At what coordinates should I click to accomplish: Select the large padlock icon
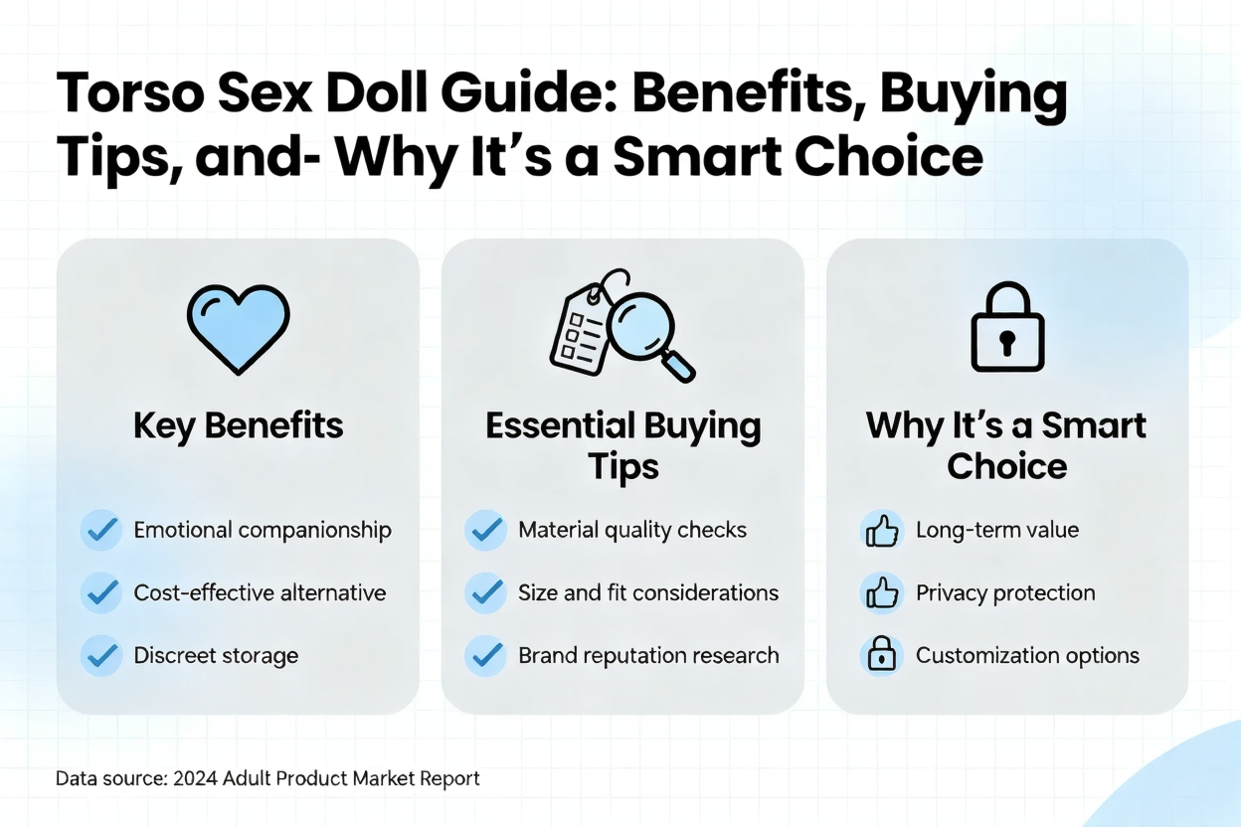click(x=1007, y=327)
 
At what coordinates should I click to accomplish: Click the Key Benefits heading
click(x=239, y=425)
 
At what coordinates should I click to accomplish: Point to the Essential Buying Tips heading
click(x=623, y=446)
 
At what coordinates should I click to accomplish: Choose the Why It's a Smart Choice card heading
click(x=1006, y=446)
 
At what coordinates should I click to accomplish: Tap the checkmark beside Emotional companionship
click(x=102, y=530)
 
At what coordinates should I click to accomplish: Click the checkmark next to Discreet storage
click(x=102, y=656)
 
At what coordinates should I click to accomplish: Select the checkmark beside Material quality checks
click(x=486, y=530)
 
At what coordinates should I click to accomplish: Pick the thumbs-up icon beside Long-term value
click(x=882, y=530)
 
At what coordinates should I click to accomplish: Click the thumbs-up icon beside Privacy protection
click(x=882, y=592)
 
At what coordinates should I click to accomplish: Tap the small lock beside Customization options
click(x=881, y=655)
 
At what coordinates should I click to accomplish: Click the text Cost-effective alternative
click(x=260, y=592)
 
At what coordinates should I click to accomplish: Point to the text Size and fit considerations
click(x=648, y=592)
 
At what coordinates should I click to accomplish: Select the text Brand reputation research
click(x=648, y=656)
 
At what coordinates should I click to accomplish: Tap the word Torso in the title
click(x=130, y=93)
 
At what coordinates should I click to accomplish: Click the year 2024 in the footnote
click(x=195, y=779)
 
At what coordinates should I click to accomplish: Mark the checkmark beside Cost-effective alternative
click(x=102, y=592)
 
